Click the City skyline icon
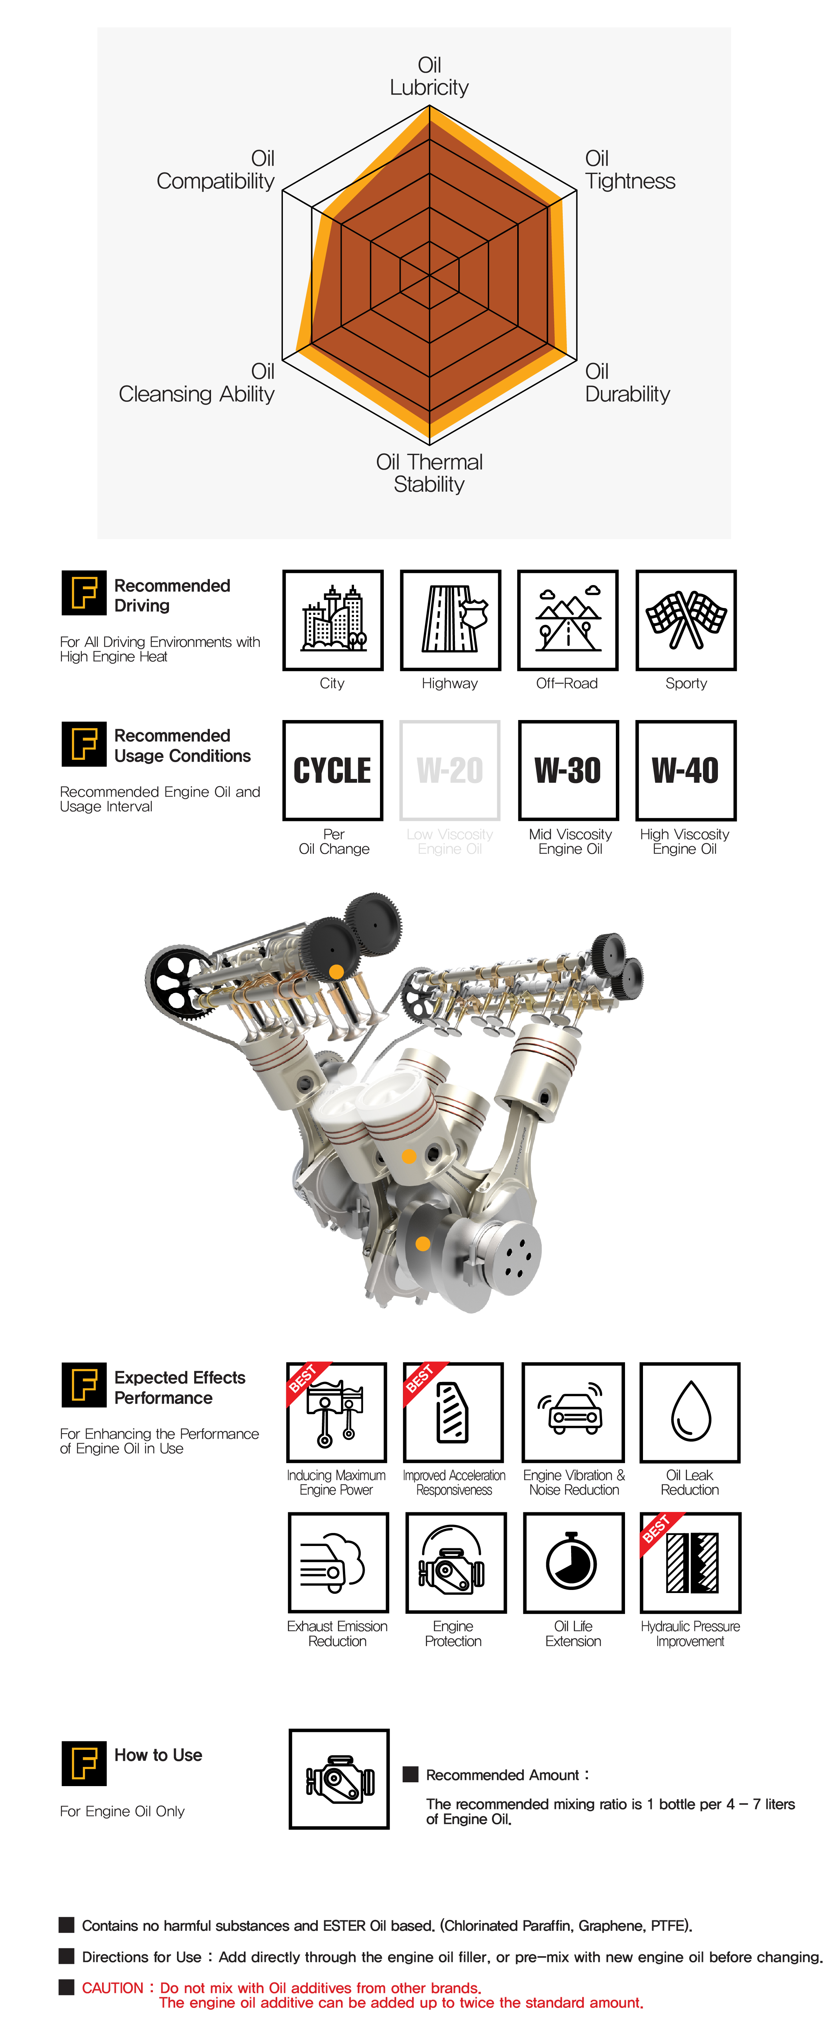[333, 620]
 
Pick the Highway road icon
[450, 620]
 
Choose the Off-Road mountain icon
[568, 620]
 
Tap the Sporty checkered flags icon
[686, 620]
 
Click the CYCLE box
[333, 771]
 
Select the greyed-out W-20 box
[450, 771]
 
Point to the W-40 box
[686, 771]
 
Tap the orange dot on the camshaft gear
[336, 972]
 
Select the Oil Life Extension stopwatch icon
[573, 1563]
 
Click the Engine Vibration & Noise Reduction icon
[573, 1412]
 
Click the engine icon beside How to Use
[339, 1779]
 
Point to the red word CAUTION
[113, 1988]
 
